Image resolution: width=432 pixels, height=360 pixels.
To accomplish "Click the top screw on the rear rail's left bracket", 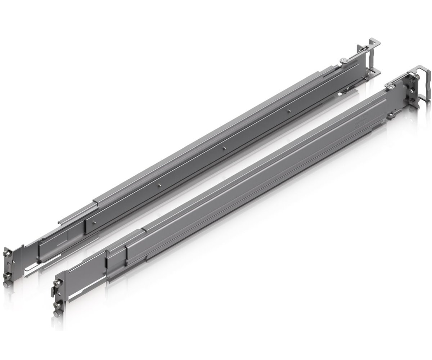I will (x=8, y=255).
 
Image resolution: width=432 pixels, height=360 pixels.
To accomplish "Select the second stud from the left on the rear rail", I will (x=159, y=185).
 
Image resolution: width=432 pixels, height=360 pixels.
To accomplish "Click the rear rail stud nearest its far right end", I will (x=289, y=101).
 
